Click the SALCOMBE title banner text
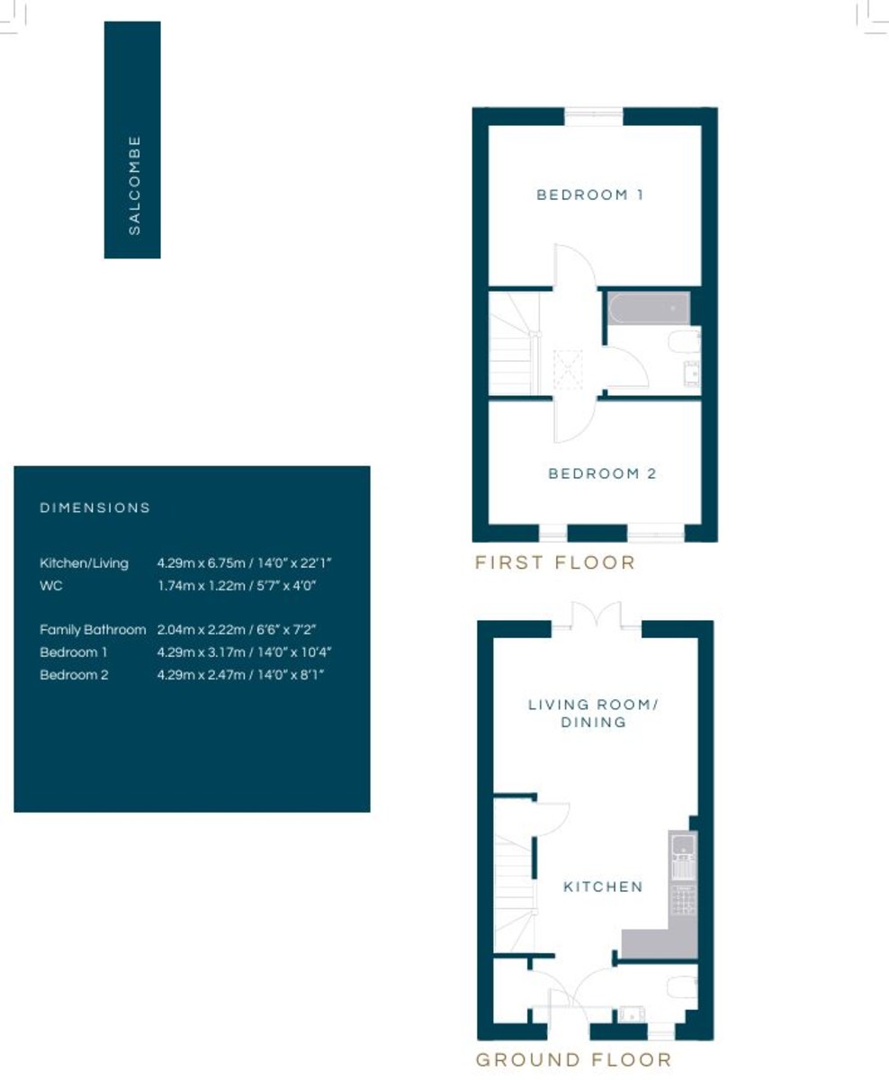pos(134,185)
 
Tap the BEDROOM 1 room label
pos(590,194)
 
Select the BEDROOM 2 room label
pos(602,473)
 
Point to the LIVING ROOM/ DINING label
pos(593,713)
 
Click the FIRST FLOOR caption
pos(555,562)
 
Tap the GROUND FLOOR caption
pos(573,1059)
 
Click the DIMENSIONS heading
pos(95,508)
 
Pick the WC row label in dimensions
pos(50,585)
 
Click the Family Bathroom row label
pos(93,629)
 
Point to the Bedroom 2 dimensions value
pos(240,674)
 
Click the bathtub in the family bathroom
pos(649,309)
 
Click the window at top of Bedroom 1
pos(594,116)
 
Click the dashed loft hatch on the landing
pos(568,369)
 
